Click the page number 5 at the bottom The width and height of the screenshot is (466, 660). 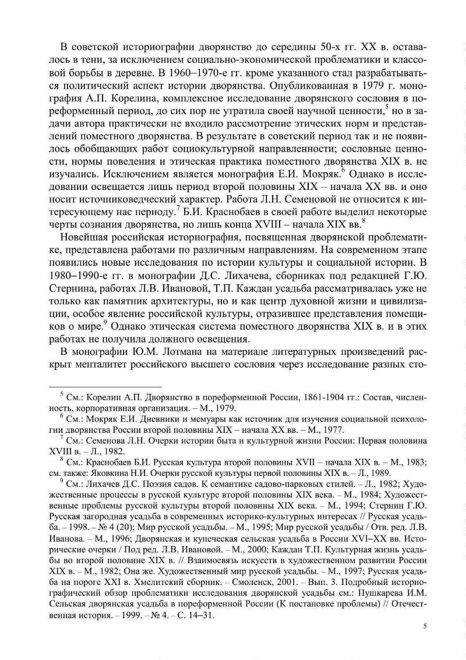[425, 626]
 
